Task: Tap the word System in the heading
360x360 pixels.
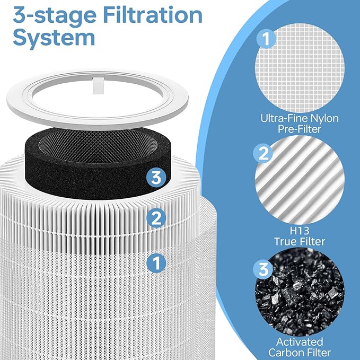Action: click(x=54, y=38)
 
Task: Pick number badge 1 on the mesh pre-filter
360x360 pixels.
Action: click(x=155, y=261)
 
